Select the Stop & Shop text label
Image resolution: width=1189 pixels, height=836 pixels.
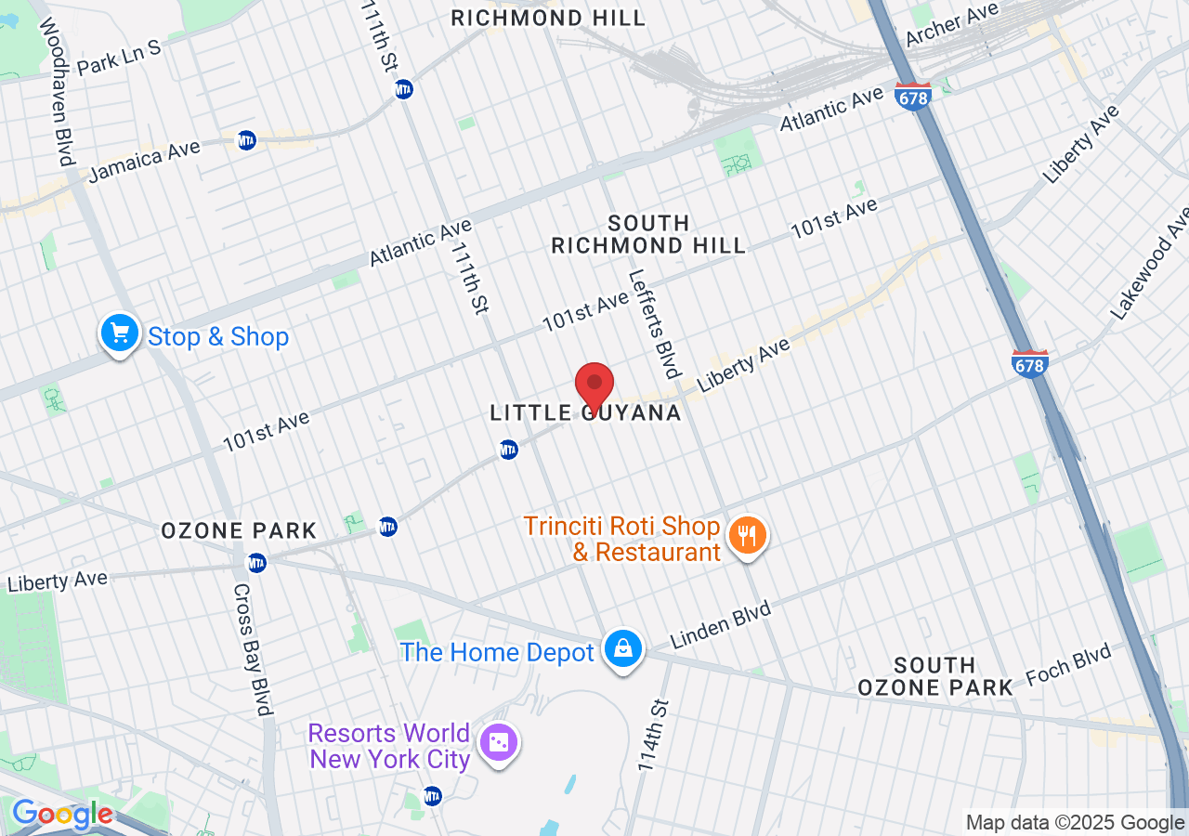point(218,336)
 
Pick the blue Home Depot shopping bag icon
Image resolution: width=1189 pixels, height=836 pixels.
point(622,649)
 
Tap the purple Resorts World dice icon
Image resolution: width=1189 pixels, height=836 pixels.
point(499,742)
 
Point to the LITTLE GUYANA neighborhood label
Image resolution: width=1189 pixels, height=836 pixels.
point(586,413)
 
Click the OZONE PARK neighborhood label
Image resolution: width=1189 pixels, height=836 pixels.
point(239,531)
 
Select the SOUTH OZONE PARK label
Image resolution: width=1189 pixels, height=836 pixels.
point(934,676)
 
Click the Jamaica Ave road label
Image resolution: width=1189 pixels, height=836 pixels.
point(144,162)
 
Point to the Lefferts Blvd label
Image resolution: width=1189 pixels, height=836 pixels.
point(654,323)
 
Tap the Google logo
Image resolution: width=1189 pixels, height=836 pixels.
point(62,815)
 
